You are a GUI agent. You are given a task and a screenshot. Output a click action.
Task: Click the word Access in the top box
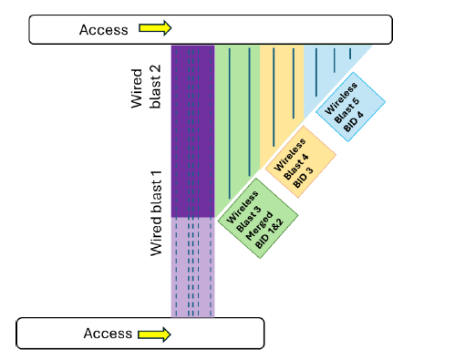pyautogui.click(x=104, y=29)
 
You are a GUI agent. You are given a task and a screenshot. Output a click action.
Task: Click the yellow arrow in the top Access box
pyautogui.click(x=155, y=28)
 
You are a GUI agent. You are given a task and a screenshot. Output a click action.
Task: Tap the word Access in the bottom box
pyautogui.click(x=108, y=334)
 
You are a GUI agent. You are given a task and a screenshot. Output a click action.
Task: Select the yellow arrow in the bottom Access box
pyautogui.click(x=154, y=334)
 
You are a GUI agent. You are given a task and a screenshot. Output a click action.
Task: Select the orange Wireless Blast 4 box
pyautogui.click(x=301, y=162)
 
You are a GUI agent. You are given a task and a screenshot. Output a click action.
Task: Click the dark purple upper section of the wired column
pyautogui.click(x=192, y=128)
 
